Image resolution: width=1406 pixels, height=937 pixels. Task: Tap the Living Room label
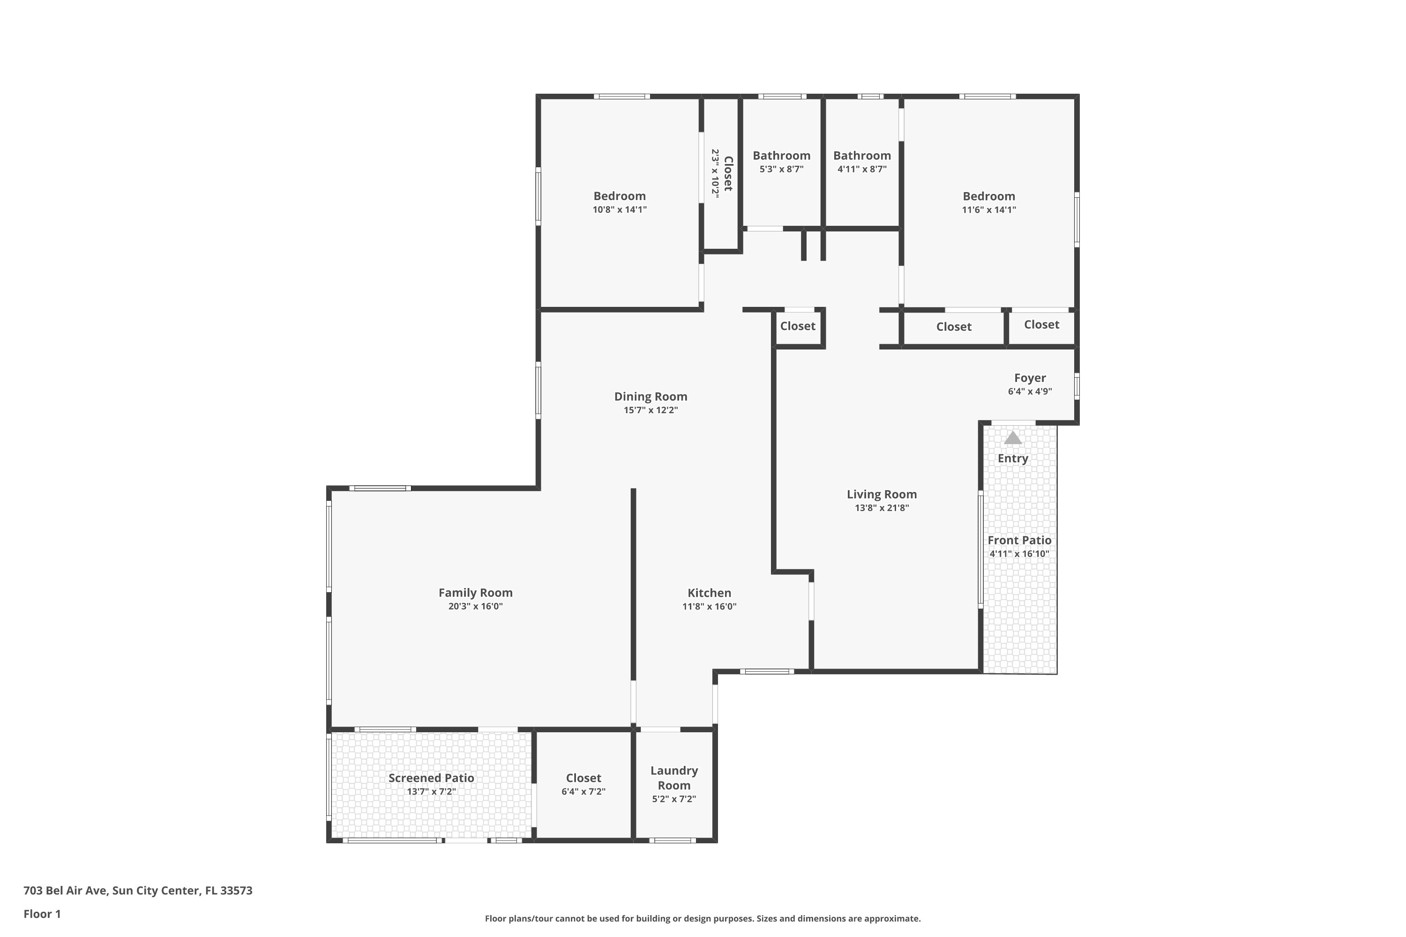(x=881, y=494)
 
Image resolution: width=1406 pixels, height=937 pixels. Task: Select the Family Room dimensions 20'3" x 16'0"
(x=475, y=606)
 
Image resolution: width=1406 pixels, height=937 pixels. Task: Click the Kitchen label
(x=709, y=593)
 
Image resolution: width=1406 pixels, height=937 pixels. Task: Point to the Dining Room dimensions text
(x=651, y=410)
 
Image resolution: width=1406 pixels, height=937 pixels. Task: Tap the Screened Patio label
(x=431, y=777)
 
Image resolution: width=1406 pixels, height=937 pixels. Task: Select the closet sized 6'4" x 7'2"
(x=583, y=784)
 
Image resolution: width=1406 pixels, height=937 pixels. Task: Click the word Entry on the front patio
(x=1013, y=458)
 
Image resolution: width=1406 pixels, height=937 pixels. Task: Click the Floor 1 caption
(x=42, y=914)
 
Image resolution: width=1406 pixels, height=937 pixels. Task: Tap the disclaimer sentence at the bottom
(x=703, y=918)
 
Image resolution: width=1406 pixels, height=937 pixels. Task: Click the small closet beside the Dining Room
(x=798, y=326)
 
